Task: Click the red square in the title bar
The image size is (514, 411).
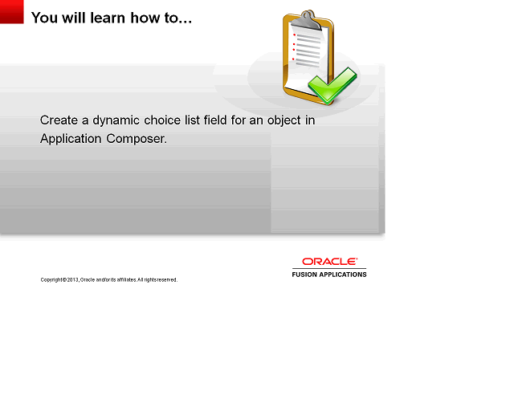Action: coord(12,12)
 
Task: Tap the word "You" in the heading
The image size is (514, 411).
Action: coord(44,17)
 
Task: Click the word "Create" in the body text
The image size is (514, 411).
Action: coord(59,120)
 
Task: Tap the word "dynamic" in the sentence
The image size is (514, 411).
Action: coord(116,120)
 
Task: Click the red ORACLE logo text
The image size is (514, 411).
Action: coord(329,262)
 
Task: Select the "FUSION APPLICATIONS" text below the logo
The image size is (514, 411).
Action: coord(329,275)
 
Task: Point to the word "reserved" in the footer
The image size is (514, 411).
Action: coord(165,280)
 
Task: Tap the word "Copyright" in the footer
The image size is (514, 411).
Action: coord(51,280)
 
